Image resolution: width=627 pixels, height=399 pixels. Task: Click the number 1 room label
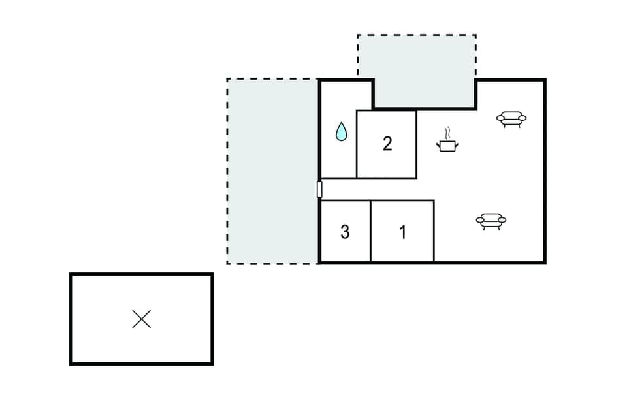click(x=403, y=232)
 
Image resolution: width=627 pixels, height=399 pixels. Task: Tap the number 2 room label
click(x=387, y=144)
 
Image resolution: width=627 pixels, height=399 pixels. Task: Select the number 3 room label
click(x=345, y=232)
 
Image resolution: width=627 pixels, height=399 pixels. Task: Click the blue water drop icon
click(x=341, y=132)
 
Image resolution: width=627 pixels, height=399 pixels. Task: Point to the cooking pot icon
click(x=447, y=145)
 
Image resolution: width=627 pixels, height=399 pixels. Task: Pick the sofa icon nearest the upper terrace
click(x=511, y=119)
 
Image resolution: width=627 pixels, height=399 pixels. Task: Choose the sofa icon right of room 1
click(x=491, y=221)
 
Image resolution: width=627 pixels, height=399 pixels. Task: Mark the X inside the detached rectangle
click(x=142, y=319)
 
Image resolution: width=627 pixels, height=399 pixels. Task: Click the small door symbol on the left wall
click(x=319, y=189)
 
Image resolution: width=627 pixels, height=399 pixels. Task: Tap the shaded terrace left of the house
click(x=272, y=171)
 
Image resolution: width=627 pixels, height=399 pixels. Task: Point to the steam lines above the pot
click(x=447, y=133)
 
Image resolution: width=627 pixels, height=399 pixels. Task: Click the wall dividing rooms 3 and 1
click(x=371, y=231)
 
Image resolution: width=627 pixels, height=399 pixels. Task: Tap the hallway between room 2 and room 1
click(x=379, y=189)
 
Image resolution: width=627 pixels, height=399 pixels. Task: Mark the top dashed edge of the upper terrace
click(x=417, y=35)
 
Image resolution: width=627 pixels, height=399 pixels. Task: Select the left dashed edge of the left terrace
click(x=227, y=171)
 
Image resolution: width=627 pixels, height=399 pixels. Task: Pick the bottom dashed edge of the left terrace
click(x=272, y=263)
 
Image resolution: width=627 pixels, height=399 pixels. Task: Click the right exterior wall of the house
click(x=545, y=171)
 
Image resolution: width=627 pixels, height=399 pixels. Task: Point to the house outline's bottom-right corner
click(x=545, y=263)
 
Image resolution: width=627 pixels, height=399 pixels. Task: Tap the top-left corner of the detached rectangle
click(x=71, y=275)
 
